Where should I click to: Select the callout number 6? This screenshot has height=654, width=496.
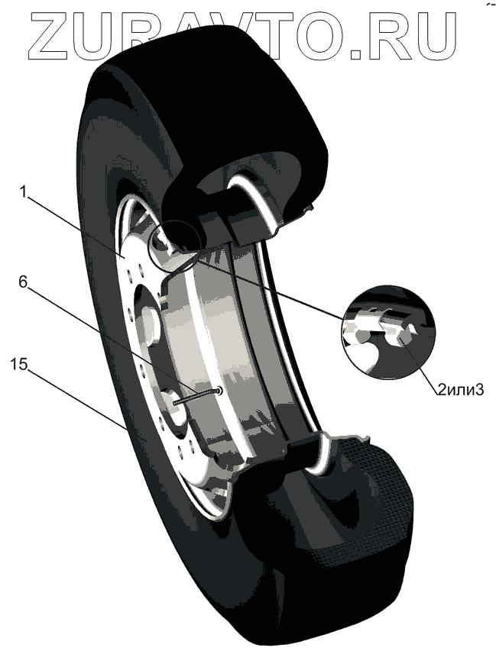[24, 281]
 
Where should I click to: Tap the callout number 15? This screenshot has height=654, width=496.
[21, 364]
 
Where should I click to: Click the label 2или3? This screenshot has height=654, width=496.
[461, 390]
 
